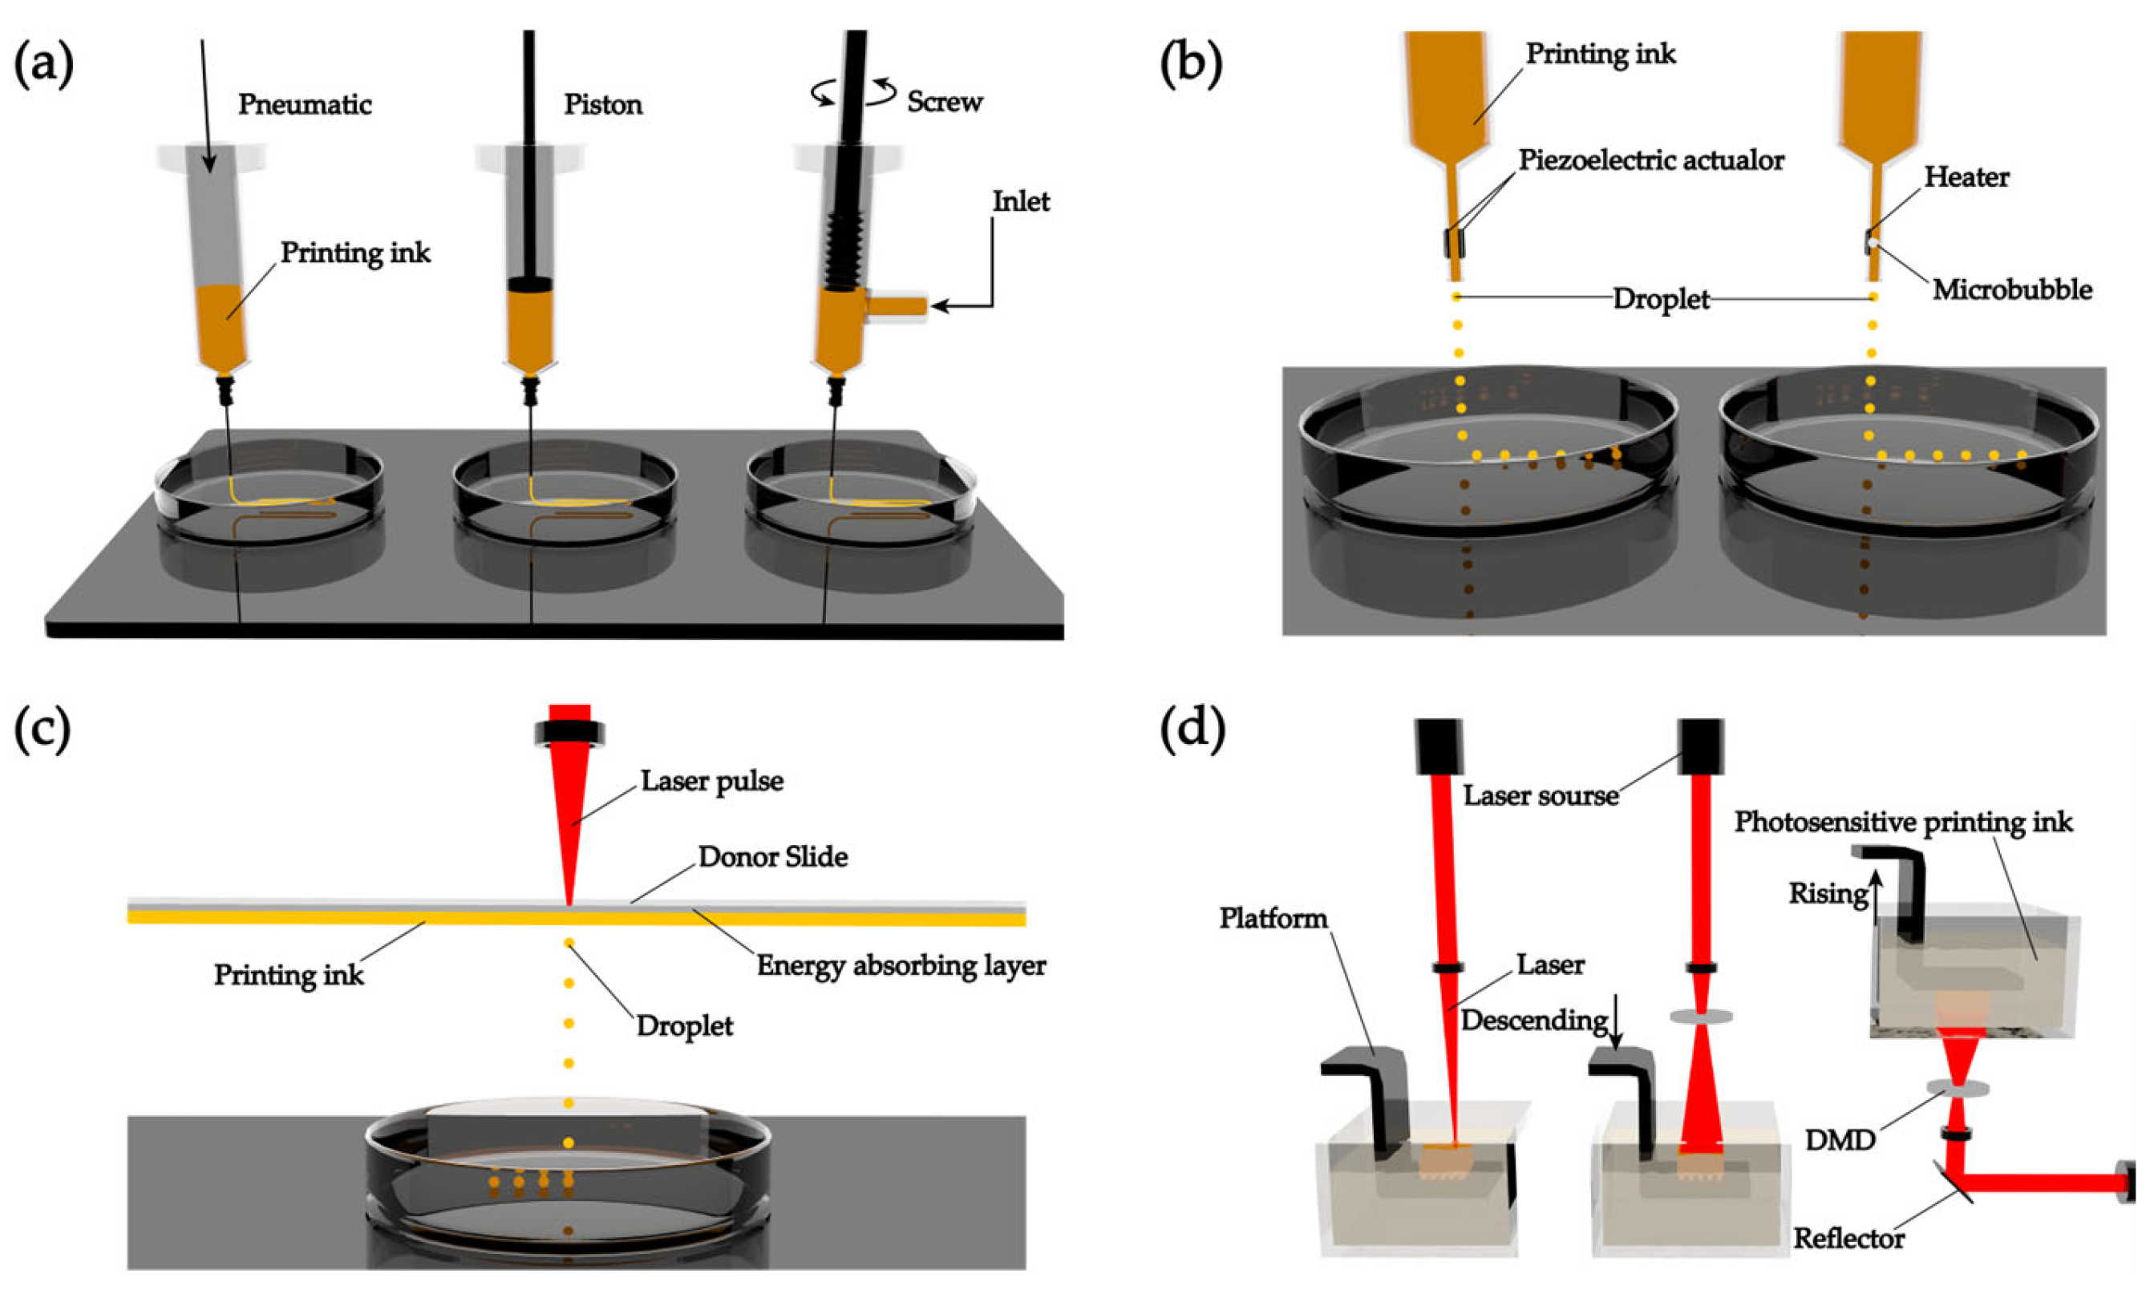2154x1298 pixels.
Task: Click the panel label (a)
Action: (44, 65)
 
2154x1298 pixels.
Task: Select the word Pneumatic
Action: (304, 105)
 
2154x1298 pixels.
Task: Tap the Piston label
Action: (602, 105)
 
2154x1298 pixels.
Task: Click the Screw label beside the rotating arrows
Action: (944, 103)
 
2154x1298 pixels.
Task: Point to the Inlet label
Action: (1020, 202)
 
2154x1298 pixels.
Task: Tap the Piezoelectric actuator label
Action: (1650, 161)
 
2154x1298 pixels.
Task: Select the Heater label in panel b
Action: (1966, 177)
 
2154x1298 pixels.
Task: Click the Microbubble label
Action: (2011, 289)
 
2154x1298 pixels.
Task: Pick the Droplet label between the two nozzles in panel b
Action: (1660, 299)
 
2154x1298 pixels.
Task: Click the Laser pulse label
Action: (711, 781)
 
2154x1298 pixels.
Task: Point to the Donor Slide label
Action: (772, 856)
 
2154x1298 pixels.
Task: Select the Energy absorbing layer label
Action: (901, 965)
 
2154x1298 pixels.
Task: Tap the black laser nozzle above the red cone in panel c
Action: (570, 732)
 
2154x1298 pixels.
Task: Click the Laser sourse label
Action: (1541, 795)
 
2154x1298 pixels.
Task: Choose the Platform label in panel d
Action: (1273, 918)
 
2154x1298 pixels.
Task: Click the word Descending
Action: (1533, 1020)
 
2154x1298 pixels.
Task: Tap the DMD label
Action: (1840, 1140)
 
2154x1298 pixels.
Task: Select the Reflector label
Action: (1848, 1238)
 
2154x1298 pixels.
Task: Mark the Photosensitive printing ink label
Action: (1903, 823)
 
